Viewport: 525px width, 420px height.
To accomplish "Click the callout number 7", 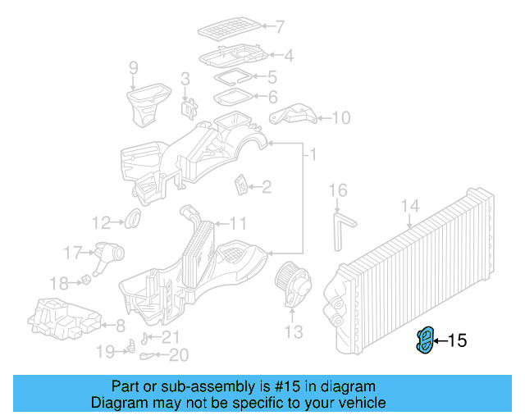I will (x=280, y=26).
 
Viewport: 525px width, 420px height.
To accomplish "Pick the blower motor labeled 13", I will (x=293, y=284).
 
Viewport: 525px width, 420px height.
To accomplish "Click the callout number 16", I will (x=338, y=192).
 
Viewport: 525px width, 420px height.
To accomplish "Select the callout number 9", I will (x=134, y=68).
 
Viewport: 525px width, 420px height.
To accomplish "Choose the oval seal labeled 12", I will (x=132, y=219).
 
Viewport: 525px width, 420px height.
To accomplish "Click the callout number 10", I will (x=340, y=118).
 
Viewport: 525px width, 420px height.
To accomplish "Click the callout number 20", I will (x=179, y=355).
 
